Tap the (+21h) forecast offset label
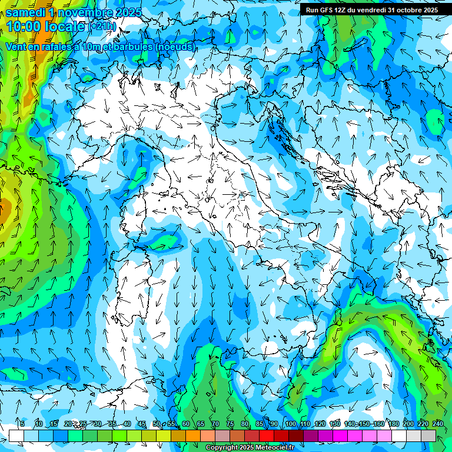tap(103, 26)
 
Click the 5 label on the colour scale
tap(22, 424)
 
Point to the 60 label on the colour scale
tap(185, 424)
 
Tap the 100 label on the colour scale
tap(290, 424)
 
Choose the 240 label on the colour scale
tap(438, 424)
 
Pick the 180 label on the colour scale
tap(393, 424)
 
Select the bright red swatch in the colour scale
tap(267, 436)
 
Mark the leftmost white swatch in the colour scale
tap(16, 436)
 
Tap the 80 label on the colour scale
tap(245, 424)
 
